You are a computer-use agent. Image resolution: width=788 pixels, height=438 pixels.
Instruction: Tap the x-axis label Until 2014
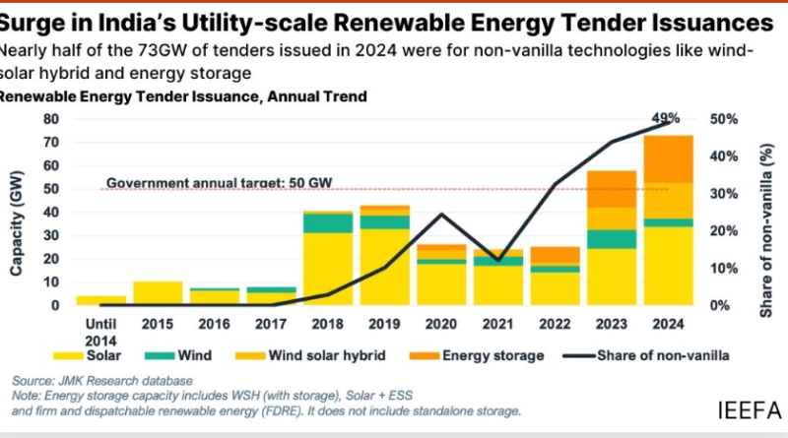[x=100, y=329]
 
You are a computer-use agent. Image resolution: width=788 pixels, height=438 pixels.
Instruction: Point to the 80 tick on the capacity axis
[x=51, y=118]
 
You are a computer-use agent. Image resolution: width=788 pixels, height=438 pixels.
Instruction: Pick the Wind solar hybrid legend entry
[x=313, y=354]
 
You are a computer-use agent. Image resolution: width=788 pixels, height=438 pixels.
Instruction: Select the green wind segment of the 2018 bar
[x=328, y=222]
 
